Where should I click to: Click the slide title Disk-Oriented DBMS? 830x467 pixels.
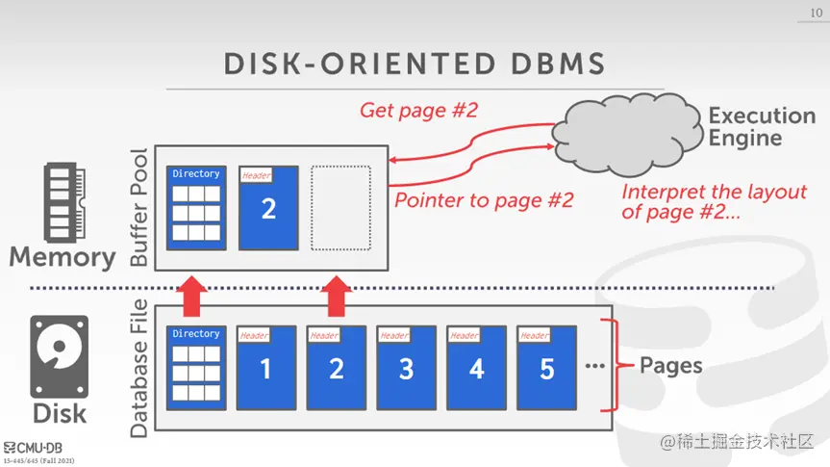[x=415, y=63]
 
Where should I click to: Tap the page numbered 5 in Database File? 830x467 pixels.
[x=547, y=368]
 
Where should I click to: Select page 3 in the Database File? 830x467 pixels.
[x=407, y=368]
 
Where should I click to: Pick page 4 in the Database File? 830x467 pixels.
[x=477, y=368]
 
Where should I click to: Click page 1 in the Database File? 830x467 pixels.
[x=266, y=368]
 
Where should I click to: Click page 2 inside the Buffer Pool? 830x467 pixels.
[x=268, y=208]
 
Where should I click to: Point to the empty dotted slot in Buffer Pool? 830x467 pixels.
[x=340, y=208]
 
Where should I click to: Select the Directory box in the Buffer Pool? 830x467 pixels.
[x=196, y=208]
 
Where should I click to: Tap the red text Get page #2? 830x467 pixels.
[x=418, y=110]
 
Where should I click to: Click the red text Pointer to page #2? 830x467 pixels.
[x=484, y=200]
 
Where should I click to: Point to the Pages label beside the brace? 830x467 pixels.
[x=671, y=366]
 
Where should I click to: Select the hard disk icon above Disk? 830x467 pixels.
[x=59, y=357]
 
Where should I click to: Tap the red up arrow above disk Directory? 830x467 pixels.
[x=194, y=297]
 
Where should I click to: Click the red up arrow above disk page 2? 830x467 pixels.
[x=336, y=297]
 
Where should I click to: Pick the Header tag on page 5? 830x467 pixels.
[x=534, y=335]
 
